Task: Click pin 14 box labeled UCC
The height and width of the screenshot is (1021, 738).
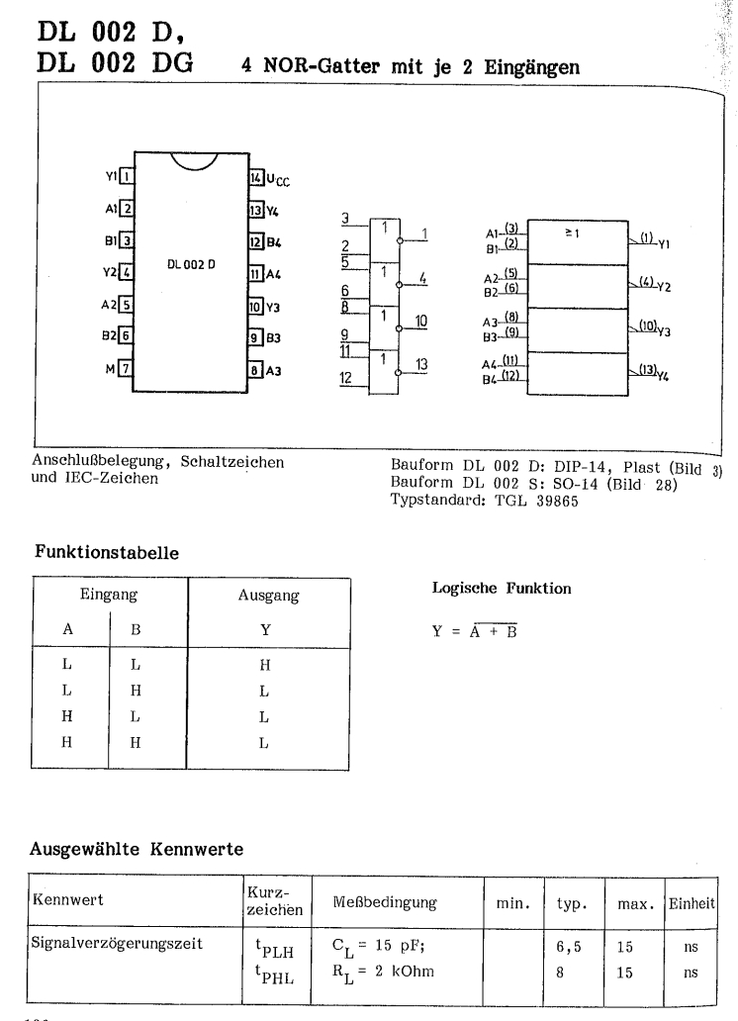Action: [x=255, y=177]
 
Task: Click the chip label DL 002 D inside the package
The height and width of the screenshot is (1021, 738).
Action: [x=188, y=265]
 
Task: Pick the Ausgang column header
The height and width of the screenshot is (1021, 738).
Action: [x=269, y=597]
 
